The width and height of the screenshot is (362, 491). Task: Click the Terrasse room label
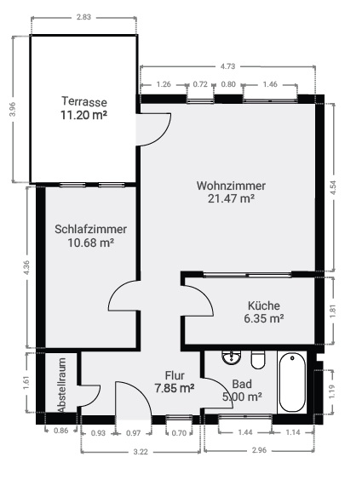coord(84,102)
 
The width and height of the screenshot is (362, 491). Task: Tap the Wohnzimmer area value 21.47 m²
coord(231,198)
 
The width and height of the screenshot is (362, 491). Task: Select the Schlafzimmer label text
coord(90,229)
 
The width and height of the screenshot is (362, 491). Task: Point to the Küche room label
coord(264,305)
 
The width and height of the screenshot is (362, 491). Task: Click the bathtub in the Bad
coord(292,382)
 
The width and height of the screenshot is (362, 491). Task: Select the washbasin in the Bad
coord(232,357)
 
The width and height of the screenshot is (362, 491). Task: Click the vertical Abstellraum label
coord(61,385)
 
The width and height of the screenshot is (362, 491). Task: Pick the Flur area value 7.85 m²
coord(175,388)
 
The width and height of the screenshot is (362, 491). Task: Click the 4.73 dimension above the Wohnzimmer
coord(227,66)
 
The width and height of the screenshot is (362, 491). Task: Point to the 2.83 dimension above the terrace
coord(83,17)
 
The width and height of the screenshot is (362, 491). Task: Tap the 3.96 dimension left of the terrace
coord(13,109)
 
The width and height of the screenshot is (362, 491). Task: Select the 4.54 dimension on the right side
coord(333,188)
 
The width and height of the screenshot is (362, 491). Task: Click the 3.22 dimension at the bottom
coord(141,452)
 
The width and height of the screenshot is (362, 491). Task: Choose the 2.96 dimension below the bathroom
coord(259,450)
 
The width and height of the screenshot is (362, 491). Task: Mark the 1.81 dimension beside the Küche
coord(333,311)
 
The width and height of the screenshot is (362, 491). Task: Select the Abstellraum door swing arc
coord(94,400)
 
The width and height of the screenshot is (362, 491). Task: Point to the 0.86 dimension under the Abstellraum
coord(60,431)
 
